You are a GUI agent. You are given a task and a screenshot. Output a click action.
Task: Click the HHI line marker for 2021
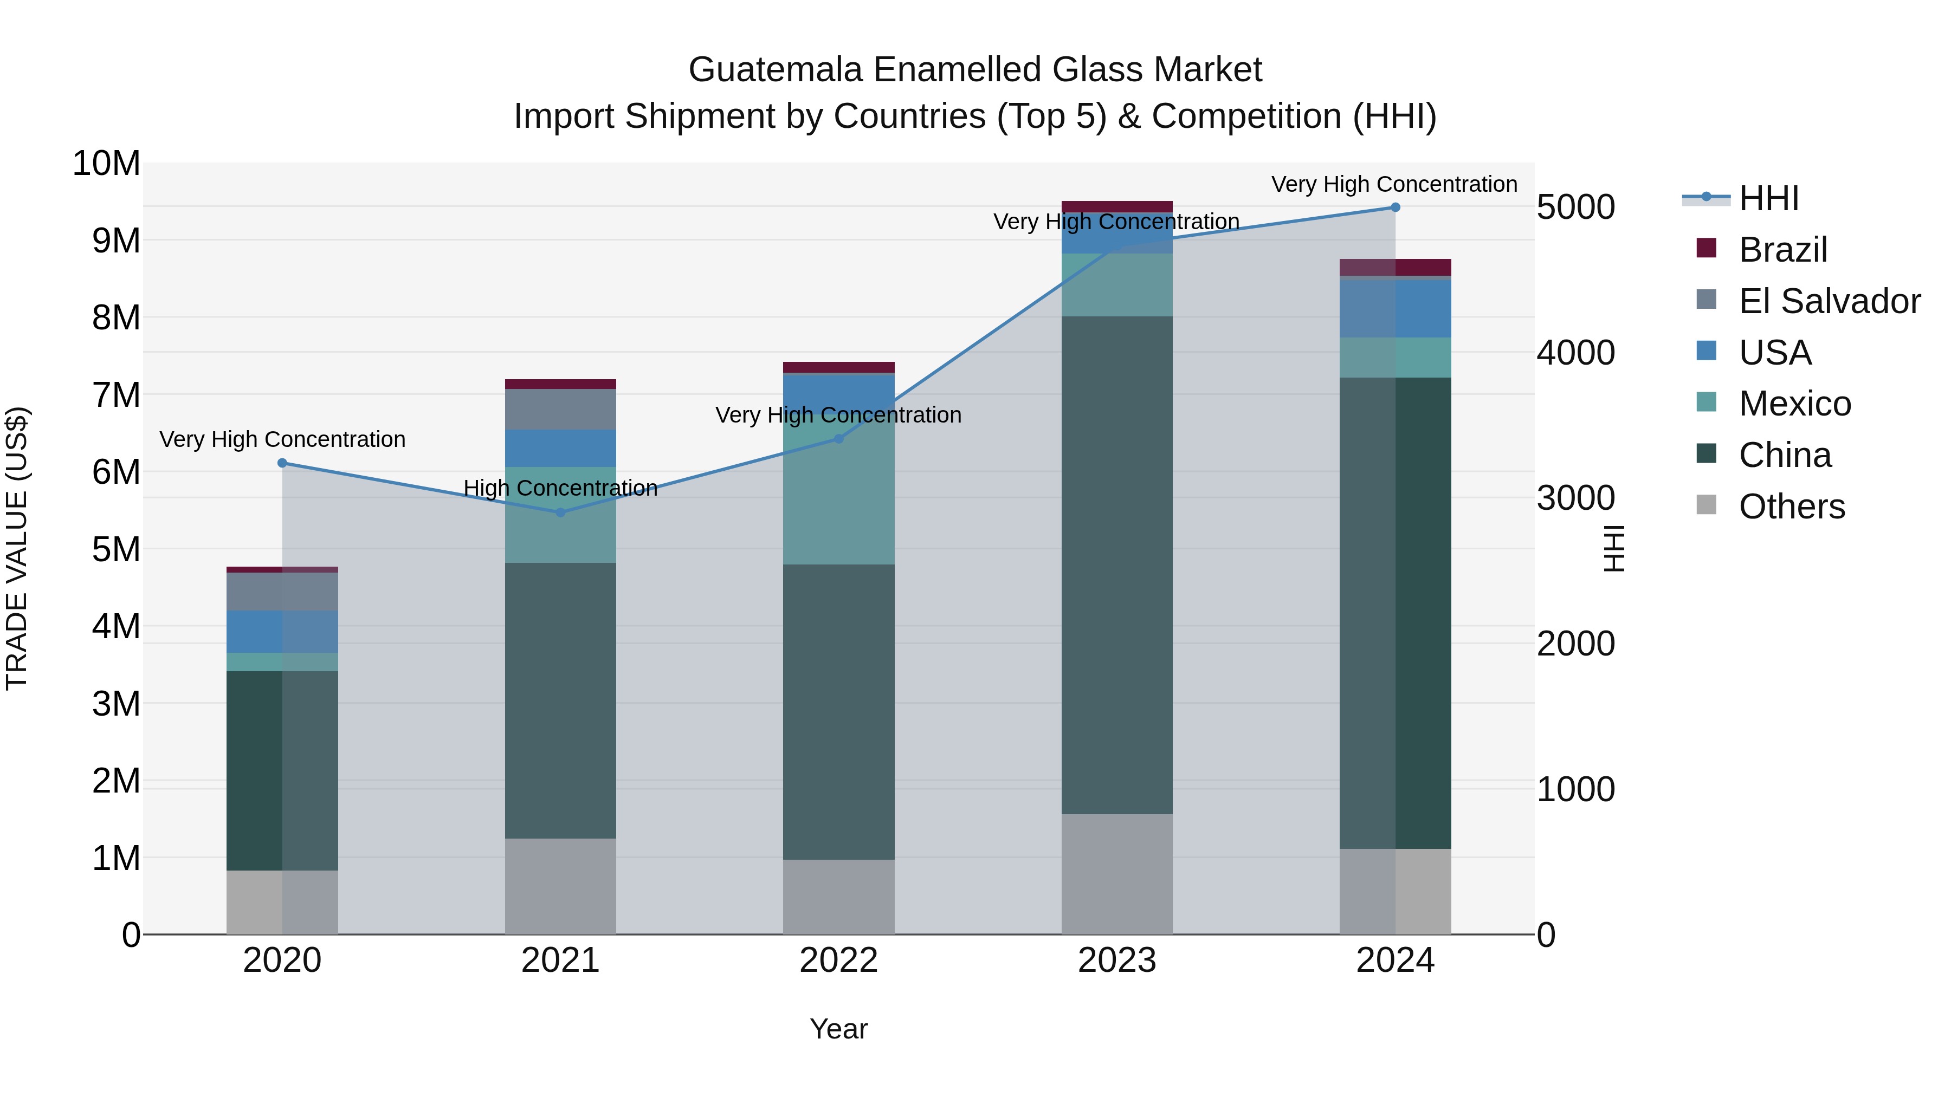pos(560,512)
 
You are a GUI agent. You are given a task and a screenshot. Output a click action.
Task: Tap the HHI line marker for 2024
pos(1395,207)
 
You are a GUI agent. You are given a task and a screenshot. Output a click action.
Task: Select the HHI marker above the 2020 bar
pos(282,463)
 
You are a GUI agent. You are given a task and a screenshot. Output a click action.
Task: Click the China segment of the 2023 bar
pos(1117,565)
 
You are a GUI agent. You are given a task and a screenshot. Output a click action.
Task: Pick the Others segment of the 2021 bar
pos(560,886)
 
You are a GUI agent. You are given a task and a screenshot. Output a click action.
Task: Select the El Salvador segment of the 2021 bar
pos(560,409)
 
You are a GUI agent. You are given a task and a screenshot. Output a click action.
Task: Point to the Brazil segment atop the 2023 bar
pos(1117,206)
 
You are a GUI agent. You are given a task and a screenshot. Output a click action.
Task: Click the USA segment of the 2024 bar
pos(1395,308)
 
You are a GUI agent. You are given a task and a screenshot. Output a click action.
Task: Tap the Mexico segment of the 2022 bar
pos(838,499)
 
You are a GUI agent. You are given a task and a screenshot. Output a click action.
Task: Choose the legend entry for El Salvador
pos(1829,301)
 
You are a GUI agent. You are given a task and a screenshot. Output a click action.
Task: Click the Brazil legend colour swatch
pos(1707,248)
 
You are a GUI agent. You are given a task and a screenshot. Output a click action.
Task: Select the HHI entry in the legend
pos(1768,198)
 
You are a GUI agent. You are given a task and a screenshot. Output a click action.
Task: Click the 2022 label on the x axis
pos(838,960)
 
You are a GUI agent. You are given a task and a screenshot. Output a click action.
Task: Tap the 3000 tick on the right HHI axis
pos(1576,498)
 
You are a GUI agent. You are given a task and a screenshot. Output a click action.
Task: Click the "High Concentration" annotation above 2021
pos(560,488)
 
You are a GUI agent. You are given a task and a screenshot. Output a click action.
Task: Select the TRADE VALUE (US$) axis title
pos(17,548)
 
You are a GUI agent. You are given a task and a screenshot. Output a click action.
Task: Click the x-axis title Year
pos(838,1029)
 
